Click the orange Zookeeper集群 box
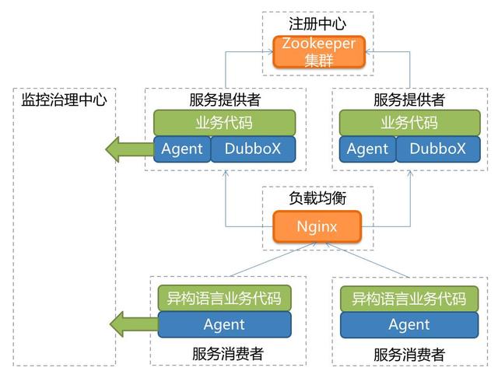point(318,52)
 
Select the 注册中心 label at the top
point(317,24)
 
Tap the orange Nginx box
point(317,227)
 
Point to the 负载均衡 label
point(317,198)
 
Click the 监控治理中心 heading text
point(65,100)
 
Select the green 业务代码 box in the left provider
point(224,123)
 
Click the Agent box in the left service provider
point(182,149)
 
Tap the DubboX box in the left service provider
point(254,149)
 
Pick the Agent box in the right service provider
point(367,149)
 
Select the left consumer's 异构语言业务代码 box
point(224,299)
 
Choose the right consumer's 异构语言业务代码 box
point(409,299)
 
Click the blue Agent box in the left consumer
point(224,324)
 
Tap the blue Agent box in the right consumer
point(409,324)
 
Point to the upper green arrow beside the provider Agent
point(128,149)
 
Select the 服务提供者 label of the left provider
point(224,100)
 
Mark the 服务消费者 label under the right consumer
point(409,355)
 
